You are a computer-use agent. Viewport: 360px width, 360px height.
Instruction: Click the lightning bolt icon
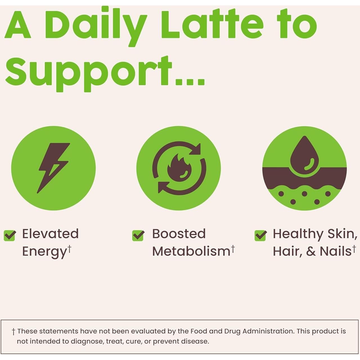(53, 168)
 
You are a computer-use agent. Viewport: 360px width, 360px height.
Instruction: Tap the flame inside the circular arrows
(179, 168)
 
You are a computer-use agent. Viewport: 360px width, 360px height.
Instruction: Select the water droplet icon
(304, 156)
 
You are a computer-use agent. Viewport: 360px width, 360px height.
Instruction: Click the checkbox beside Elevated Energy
(10, 235)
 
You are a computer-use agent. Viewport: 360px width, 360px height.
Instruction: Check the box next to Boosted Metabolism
(138, 235)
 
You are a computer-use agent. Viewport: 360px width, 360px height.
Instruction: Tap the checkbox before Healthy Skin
(260, 235)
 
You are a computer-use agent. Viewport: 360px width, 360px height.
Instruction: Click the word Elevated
(50, 234)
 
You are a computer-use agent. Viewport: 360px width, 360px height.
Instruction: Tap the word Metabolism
(191, 251)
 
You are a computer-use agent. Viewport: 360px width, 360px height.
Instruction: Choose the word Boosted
(179, 234)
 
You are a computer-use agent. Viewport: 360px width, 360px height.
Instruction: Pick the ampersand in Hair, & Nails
(311, 251)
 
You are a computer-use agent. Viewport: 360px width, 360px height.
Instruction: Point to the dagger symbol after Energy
(69, 248)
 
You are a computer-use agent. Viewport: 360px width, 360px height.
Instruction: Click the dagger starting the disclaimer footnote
(13, 331)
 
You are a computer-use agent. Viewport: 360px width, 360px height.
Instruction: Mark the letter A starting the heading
(18, 25)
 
